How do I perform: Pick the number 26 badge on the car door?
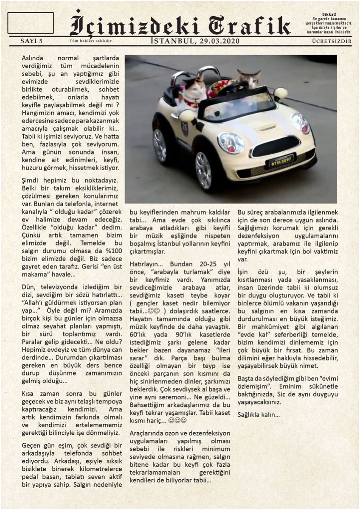tap(185, 127)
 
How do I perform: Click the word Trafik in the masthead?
tap(251, 25)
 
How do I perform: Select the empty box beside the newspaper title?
tap(31, 23)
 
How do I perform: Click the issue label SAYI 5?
tap(31, 41)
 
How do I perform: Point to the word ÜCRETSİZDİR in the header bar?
tap(332, 41)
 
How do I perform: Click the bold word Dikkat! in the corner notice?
tap(329, 14)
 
